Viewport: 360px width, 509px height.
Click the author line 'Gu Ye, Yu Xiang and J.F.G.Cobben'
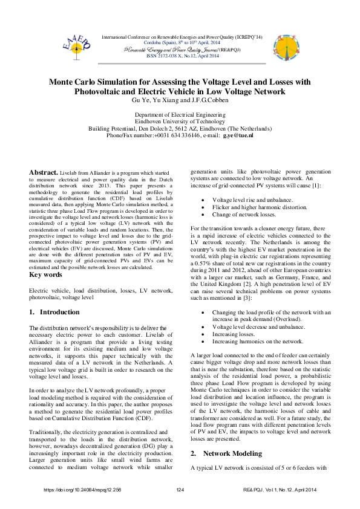(180, 100)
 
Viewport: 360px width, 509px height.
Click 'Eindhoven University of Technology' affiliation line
(180, 122)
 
